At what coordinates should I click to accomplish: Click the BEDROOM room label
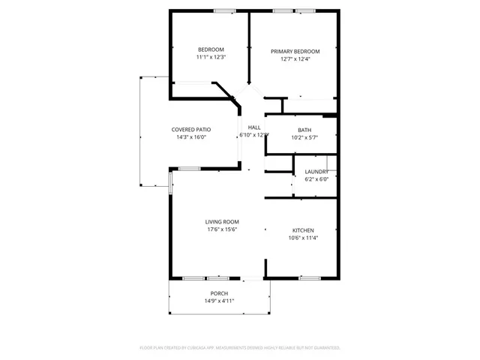pos(211,49)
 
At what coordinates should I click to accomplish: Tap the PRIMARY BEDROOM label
pos(295,52)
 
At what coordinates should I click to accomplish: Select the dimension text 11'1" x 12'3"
pos(211,57)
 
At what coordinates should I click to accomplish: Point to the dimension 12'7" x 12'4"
pos(295,59)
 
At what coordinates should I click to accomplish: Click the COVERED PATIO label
pos(190,130)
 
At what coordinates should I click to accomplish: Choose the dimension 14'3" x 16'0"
pos(190,137)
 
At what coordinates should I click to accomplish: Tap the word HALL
pos(254,127)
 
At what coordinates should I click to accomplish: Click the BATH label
pos(304,130)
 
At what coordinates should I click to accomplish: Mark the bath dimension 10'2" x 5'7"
pos(304,137)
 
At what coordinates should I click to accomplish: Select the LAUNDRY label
pos(316,172)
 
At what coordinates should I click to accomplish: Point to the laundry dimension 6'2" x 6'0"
pos(316,179)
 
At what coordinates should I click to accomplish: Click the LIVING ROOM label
pos(222,222)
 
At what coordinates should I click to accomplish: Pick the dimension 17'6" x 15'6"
pos(222,229)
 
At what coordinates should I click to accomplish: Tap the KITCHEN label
pos(303,230)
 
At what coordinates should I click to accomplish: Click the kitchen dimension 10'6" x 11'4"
pos(303,238)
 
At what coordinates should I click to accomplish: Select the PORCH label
pos(219,293)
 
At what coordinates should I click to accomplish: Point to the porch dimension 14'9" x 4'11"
pos(219,301)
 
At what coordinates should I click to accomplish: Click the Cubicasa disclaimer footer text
pos(240,348)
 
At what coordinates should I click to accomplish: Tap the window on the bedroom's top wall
pos(224,10)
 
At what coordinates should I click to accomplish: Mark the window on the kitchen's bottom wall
pos(310,278)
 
